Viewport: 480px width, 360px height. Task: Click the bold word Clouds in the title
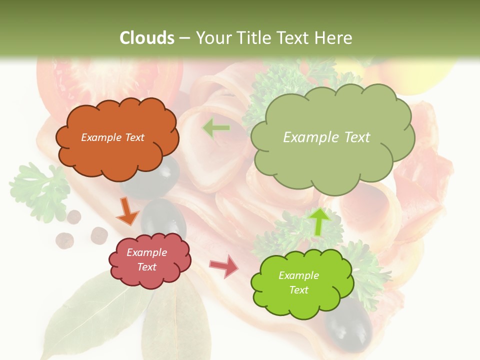tap(147, 38)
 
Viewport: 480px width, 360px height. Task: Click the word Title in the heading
tap(253, 38)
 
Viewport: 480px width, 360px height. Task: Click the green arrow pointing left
tap(216, 128)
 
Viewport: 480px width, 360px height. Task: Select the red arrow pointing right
tap(224, 266)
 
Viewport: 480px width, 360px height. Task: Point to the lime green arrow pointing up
tap(319, 221)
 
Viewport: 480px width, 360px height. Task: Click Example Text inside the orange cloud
tap(112, 137)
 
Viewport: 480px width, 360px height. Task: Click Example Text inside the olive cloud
tap(326, 137)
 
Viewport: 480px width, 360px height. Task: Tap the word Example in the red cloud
tap(146, 253)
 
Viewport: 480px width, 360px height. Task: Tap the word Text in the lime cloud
tap(298, 290)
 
